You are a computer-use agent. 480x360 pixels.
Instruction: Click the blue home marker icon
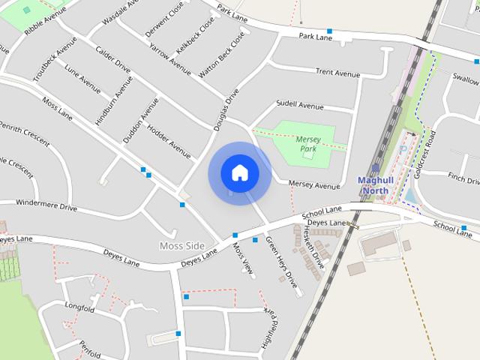tap(240, 172)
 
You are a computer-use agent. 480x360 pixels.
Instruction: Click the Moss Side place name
tap(181, 246)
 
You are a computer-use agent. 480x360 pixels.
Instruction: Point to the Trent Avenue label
tap(337, 73)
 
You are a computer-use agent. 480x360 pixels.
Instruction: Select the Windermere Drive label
tap(46, 205)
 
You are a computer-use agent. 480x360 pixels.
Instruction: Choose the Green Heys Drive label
tap(281, 262)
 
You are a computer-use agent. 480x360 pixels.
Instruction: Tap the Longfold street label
tap(79, 307)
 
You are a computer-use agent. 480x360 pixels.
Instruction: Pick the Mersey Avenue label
tap(314, 185)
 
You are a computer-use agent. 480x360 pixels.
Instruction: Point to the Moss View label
tap(242, 258)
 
